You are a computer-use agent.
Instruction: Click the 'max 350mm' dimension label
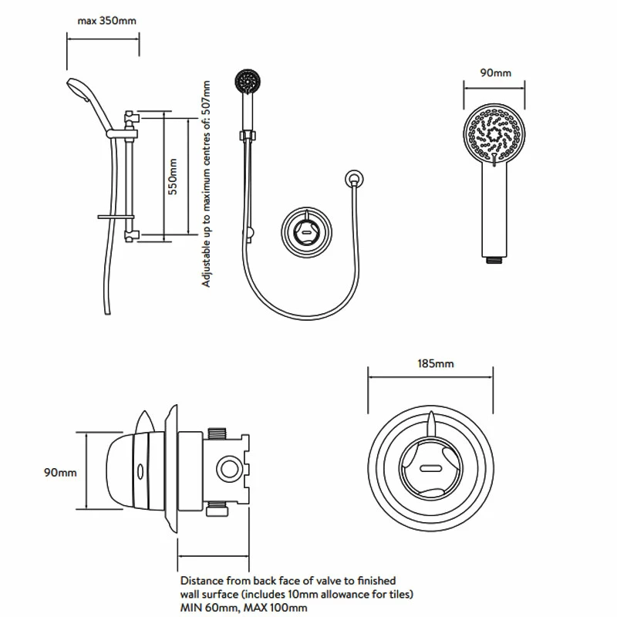pyautogui.click(x=106, y=21)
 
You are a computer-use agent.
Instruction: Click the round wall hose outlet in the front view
pyautogui.click(x=353, y=180)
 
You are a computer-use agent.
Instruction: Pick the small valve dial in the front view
pyautogui.click(x=306, y=228)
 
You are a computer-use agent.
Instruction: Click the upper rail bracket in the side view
pyautogui.click(x=131, y=118)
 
